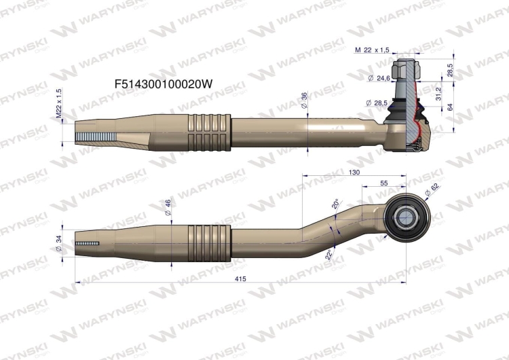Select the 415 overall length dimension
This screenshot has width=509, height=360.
tap(240, 278)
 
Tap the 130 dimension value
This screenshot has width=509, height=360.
tap(354, 173)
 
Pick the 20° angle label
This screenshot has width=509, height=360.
tap(335, 204)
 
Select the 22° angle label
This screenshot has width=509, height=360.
tap(329, 255)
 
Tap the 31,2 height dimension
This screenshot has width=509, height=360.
tap(437, 92)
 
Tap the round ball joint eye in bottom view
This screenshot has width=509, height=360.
tap(404, 217)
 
